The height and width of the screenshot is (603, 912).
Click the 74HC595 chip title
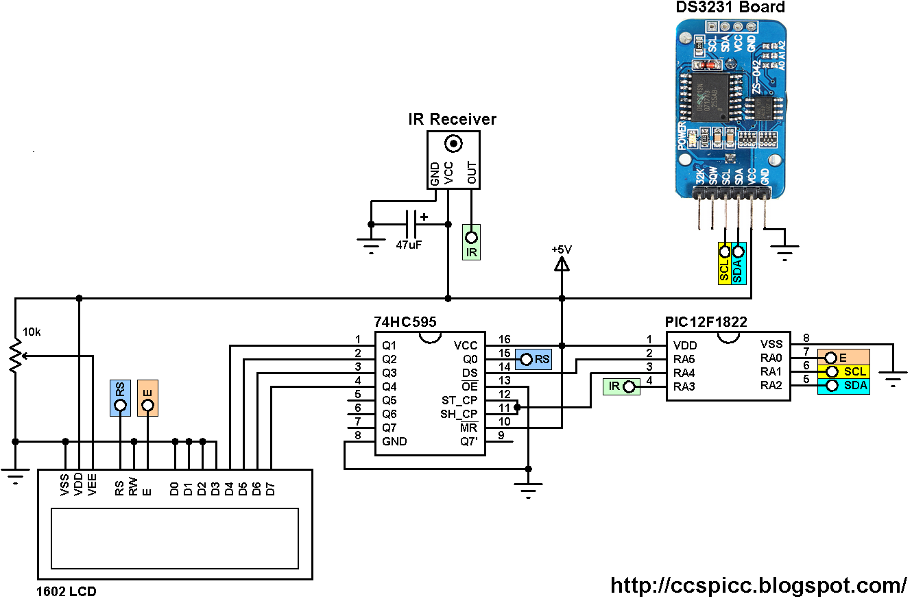[x=405, y=321]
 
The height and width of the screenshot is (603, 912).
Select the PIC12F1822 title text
[x=706, y=321]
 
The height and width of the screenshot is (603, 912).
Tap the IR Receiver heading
[x=452, y=120]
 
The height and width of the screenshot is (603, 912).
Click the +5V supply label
[x=561, y=249]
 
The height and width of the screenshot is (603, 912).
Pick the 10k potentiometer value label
[x=32, y=332]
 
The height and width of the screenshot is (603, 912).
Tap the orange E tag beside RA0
[x=843, y=358]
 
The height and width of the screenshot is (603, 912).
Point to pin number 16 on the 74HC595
[x=505, y=339]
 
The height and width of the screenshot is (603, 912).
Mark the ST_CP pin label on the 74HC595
[x=459, y=400]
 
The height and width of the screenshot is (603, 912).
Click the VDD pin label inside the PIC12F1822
[x=685, y=345]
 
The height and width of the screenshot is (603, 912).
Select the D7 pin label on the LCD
[x=271, y=489]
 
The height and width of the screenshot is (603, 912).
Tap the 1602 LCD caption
[x=67, y=591]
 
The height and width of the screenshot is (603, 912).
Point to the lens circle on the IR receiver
[x=453, y=144]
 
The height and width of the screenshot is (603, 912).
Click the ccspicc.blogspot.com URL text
[x=758, y=585]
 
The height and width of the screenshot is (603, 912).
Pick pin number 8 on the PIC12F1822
[x=806, y=338]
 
